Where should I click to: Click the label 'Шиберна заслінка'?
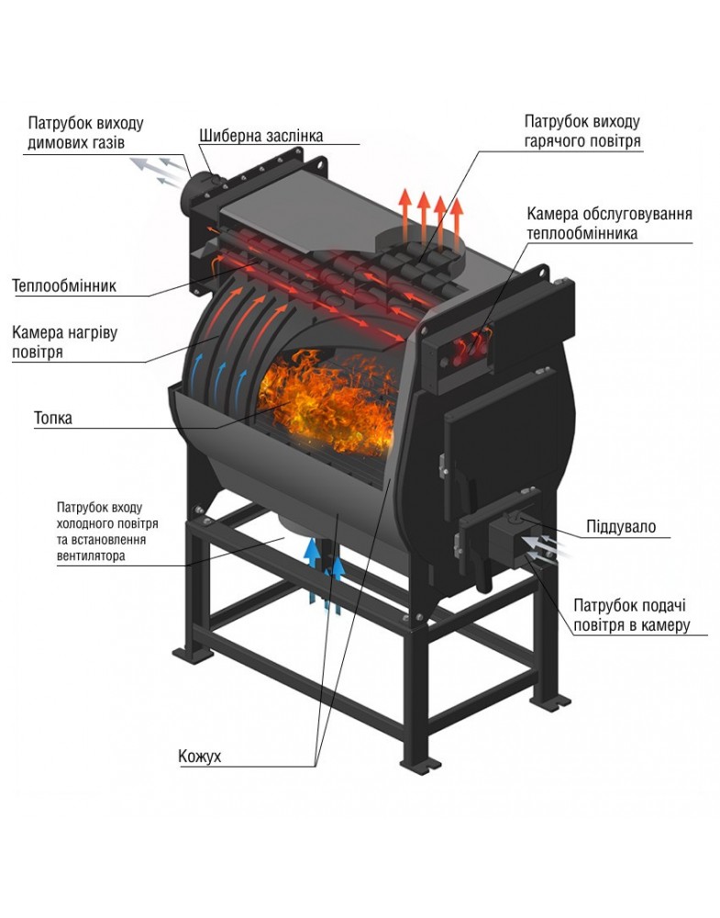pyautogui.click(x=260, y=136)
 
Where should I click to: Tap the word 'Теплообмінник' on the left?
pyautogui.click(x=64, y=285)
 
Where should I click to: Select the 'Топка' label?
pyautogui.click(x=53, y=418)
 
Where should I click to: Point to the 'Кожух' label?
pyautogui.click(x=200, y=756)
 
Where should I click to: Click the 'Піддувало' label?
pyautogui.click(x=621, y=526)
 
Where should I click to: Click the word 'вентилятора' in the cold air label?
pyautogui.click(x=91, y=555)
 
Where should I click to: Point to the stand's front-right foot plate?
pyautogui.click(x=420, y=764)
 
